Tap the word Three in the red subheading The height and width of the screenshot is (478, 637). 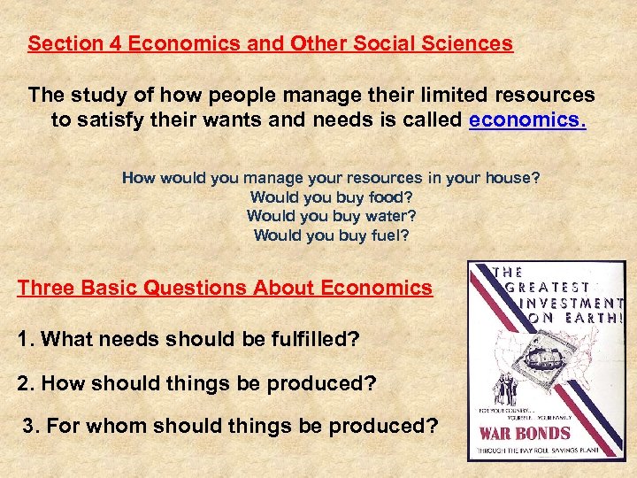45,288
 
